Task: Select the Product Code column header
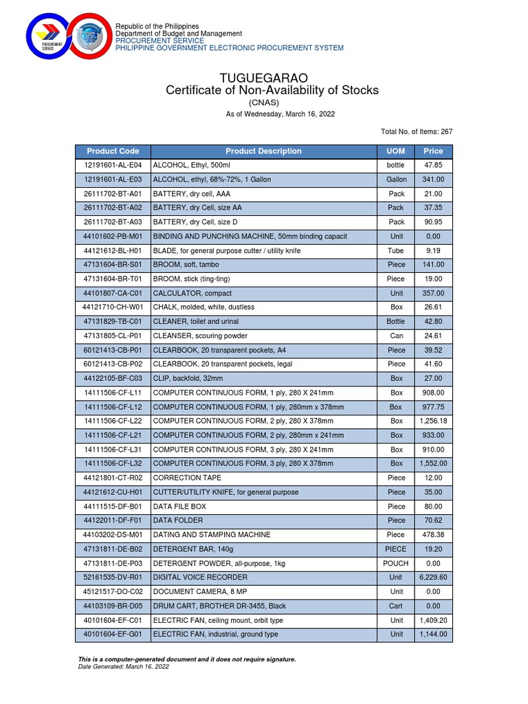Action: [x=113, y=151]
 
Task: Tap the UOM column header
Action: [x=396, y=151]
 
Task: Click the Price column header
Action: [x=433, y=151]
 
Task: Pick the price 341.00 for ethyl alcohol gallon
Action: [x=434, y=179]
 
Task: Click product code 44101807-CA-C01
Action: [x=113, y=293]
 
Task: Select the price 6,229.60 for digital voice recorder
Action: [x=434, y=577]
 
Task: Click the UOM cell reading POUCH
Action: [x=396, y=563]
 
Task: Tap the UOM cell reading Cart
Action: [x=396, y=606]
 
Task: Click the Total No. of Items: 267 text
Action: [x=417, y=131]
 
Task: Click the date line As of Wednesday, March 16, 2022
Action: [x=280, y=114]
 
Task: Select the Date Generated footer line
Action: [x=124, y=666]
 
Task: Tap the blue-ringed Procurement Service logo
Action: [x=52, y=38]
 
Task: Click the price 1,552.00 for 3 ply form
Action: [x=434, y=463]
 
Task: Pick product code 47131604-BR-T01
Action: [x=113, y=279]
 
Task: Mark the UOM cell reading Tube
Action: [x=396, y=251]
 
